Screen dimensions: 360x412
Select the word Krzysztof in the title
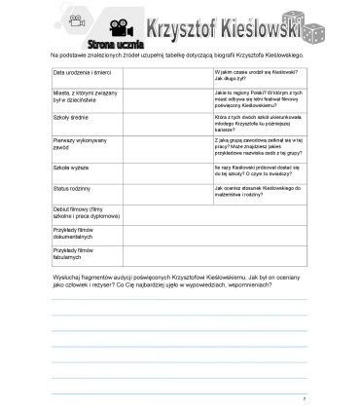[x=169, y=26]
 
